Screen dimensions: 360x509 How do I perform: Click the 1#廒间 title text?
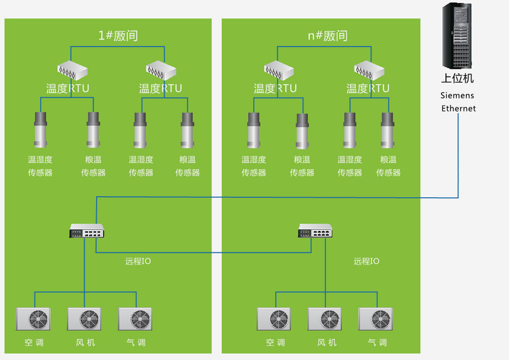[118, 36]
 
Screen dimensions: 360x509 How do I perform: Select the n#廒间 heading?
[328, 36]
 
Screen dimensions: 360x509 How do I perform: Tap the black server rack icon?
[458, 37]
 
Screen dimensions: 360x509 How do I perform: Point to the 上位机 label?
[458, 80]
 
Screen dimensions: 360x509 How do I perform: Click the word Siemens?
[457, 95]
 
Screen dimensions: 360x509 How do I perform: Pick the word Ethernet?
[459, 109]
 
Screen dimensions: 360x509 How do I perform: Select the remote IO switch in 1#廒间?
[87, 233]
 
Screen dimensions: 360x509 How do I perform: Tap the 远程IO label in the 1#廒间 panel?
[138, 261]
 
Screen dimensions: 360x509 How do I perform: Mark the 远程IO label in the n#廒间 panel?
[366, 261]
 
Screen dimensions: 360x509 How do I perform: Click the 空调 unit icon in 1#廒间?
[34, 319]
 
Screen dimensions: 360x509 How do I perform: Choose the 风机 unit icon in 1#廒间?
[85, 319]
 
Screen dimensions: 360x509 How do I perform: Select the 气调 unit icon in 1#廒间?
[136, 319]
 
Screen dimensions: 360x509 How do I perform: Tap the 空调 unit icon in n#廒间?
[275, 319]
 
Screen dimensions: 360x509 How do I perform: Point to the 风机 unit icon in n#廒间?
[326, 319]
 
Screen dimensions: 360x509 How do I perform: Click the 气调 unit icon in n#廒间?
[376, 319]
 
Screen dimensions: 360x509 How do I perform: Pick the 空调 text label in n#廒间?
[275, 343]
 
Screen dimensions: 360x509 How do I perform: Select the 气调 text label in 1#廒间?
[136, 343]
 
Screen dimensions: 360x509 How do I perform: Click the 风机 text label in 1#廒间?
[85, 343]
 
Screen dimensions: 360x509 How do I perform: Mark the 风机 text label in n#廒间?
[326, 343]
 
